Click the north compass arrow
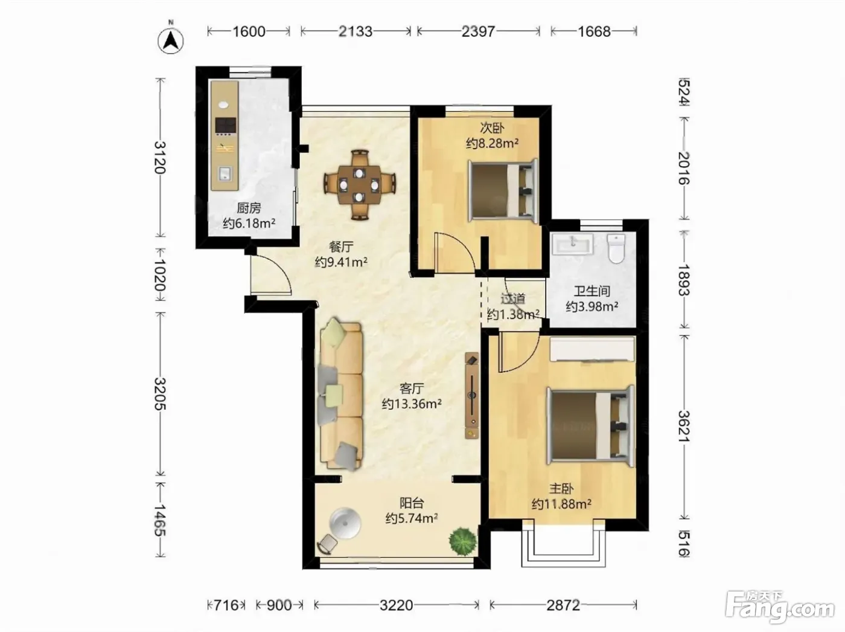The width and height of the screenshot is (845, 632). click(x=171, y=40)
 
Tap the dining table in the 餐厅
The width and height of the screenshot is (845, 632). click(x=359, y=185)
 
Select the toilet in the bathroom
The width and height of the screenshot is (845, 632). click(x=616, y=249)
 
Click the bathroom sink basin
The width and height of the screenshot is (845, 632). click(x=572, y=244)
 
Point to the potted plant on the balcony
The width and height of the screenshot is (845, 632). click(x=463, y=541)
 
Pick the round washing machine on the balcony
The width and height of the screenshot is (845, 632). click(x=345, y=523)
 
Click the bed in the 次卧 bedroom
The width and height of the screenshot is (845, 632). click(x=503, y=191)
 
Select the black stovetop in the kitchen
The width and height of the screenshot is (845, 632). click(x=226, y=125)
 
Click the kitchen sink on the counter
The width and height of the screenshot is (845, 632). click(x=225, y=174)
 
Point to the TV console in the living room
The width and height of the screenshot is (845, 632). click(x=472, y=395)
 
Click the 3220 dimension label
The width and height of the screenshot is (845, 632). click(x=397, y=605)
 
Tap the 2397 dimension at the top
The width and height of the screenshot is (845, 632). click(x=478, y=31)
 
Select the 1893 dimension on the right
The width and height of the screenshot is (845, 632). click(x=684, y=280)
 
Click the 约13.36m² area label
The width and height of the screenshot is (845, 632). click(x=412, y=404)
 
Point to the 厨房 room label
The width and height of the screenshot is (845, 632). click(x=249, y=208)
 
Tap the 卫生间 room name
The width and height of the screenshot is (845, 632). click(x=592, y=291)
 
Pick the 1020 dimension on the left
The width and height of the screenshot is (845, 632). click(x=160, y=275)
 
